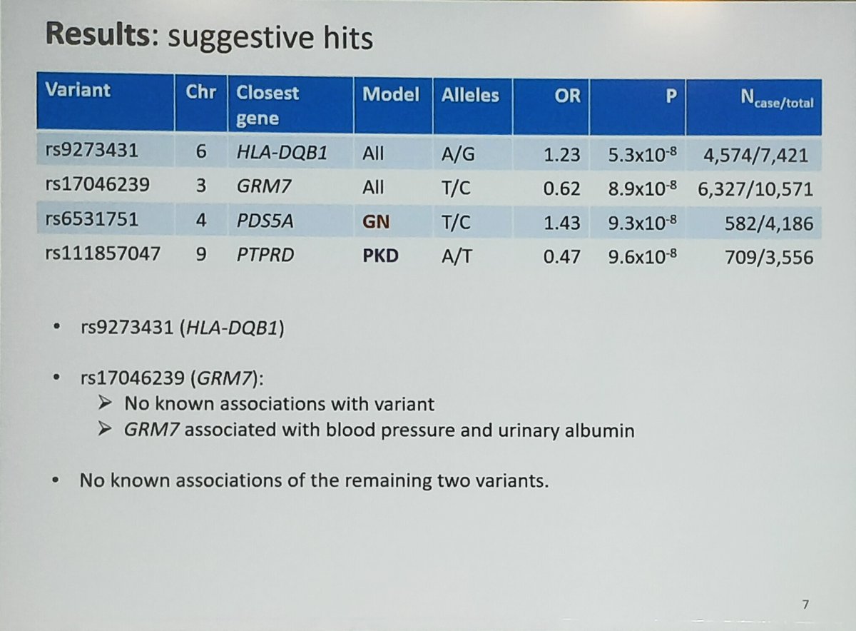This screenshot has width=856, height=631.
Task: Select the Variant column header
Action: tap(78, 91)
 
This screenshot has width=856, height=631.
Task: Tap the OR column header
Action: tap(567, 96)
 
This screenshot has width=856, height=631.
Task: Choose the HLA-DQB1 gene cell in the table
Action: tap(282, 153)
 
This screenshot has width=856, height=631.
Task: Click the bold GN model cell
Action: tap(376, 222)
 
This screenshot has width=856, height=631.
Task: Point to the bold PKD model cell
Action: tap(380, 255)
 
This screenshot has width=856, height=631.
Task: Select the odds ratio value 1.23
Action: tap(562, 155)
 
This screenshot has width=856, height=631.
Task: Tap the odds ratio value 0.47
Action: tap(562, 257)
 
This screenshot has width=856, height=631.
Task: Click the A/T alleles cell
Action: tap(457, 256)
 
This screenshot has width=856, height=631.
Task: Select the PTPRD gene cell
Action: tap(265, 255)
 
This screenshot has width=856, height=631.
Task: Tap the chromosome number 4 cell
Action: tap(202, 221)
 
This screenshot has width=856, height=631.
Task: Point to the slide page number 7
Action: tap(805, 605)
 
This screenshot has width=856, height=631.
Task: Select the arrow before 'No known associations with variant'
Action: tap(104, 404)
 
